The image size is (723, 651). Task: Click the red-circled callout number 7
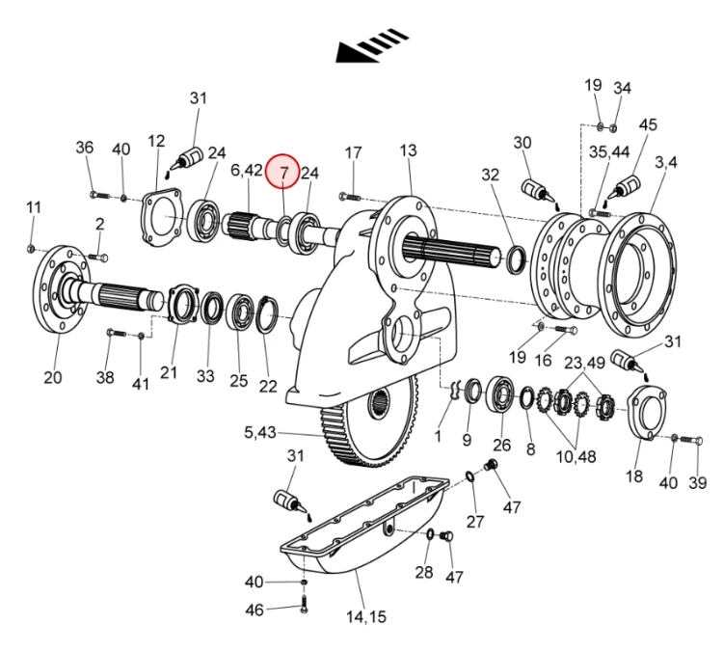pyautogui.click(x=283, y=172)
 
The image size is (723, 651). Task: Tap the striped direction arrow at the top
pyautogui.click(x=372, y=45)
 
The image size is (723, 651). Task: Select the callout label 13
pyautogui.click(x=408, y=150)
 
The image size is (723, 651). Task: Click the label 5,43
pyautogui.click(x=260, y=433)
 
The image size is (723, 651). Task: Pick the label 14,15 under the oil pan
pyautogui.click(x=366, y=617)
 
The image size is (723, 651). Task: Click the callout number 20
pyautogui.click(x=53, y=377)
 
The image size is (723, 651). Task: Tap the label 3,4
pyautogui.click(x=666, y=162)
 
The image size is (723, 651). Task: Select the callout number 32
pyautogui.click(x=490, y=175)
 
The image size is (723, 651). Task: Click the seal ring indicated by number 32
pyautogui.click(x=516, y=260)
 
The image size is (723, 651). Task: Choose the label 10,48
pyautogui.click(x=576, y=457)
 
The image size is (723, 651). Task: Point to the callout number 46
pyautogui.click(x=254, y=610)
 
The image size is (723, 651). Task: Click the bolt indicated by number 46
pyautogui.click(x=304, y=604)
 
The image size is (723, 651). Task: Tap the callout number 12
pyautogui.click(x=156, y=141)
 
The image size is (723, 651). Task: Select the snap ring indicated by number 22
pyautogui.click(x=267, y=314)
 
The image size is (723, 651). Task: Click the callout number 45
pyautogui.click(x=648, y=125)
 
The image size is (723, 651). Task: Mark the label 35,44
pyautogui.click(x=609, y=151)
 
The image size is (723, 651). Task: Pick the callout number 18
pyautogui.click(x=633, y=476)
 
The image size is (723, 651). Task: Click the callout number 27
pyautogui.click(x=475, y=522)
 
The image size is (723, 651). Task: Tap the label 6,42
pyautogui.click(x=247, y=171)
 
